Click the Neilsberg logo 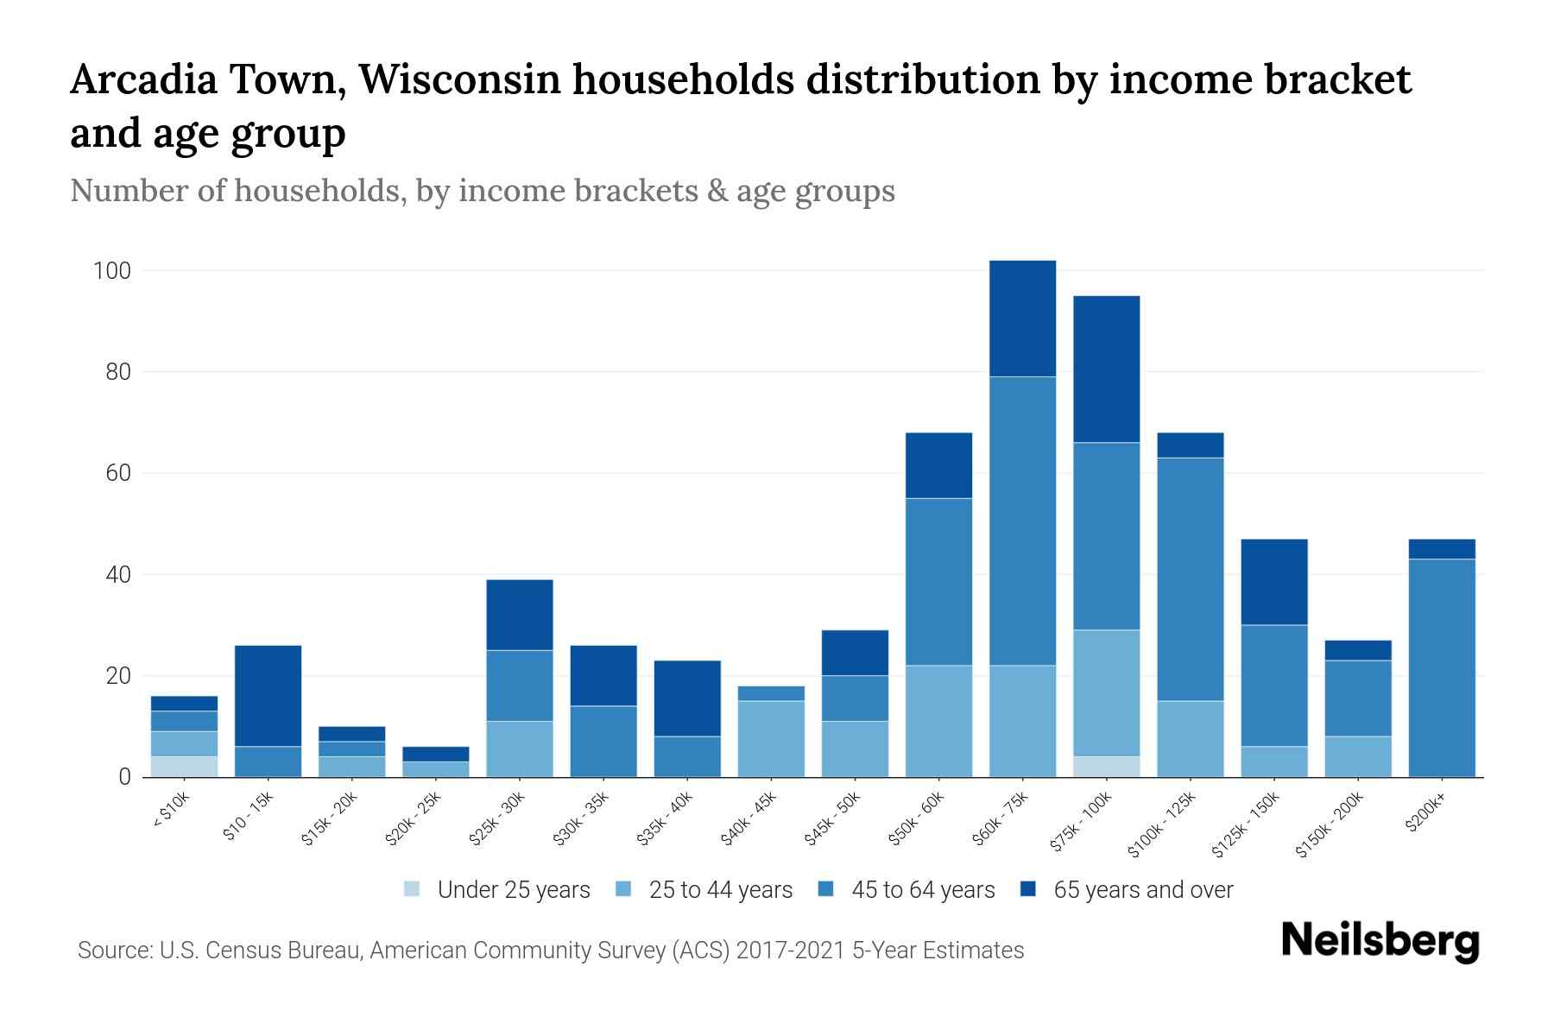click(x=1380, y=941)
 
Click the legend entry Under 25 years click(x=513, y=890)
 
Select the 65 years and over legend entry click(x=1142, y=890)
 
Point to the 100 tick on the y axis click(x=111, y=271)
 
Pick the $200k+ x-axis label click(x=1424, y=815)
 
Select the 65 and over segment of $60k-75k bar click(x=1022, y=319)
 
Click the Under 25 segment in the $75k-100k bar click(x=1106, y=767)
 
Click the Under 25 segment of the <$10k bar click(x=184, y=767)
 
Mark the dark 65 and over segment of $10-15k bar click(x=268, y=696)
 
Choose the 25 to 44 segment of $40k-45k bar click(x=771, y=739)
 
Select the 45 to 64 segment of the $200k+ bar click(x=1442, y=667)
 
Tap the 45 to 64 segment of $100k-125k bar click(x=1190, y=579)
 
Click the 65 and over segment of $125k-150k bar click(x=1273, y=582)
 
